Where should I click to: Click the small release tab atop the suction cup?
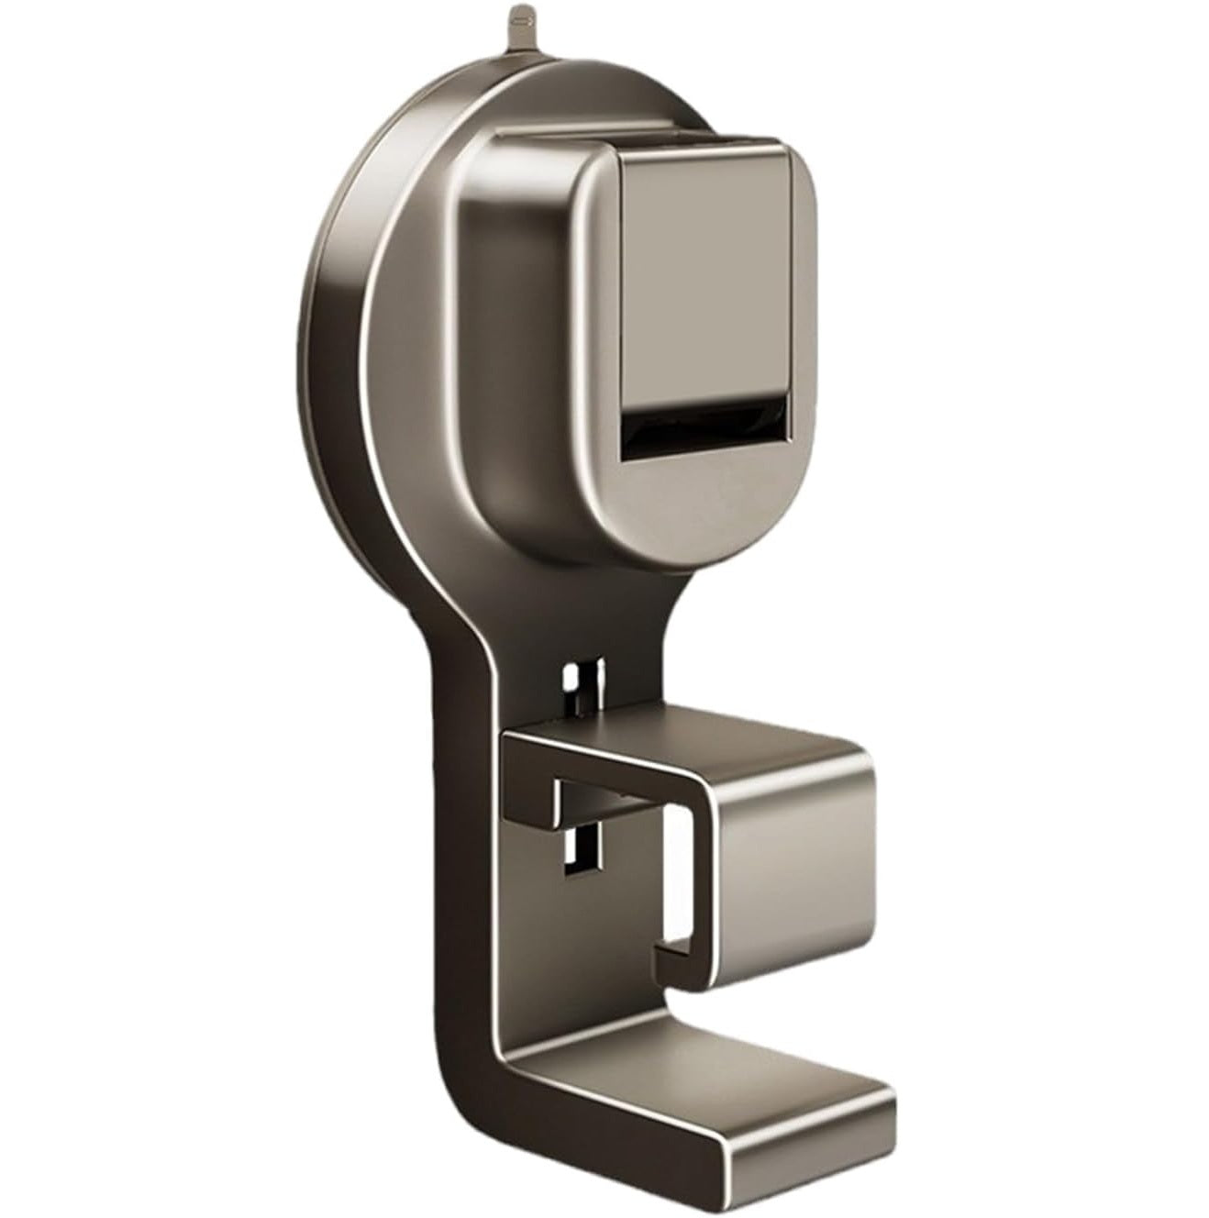pyautogui.click(x=522, y=19)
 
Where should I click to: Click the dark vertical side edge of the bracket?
pyautogui.click(x=449, y=871)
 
